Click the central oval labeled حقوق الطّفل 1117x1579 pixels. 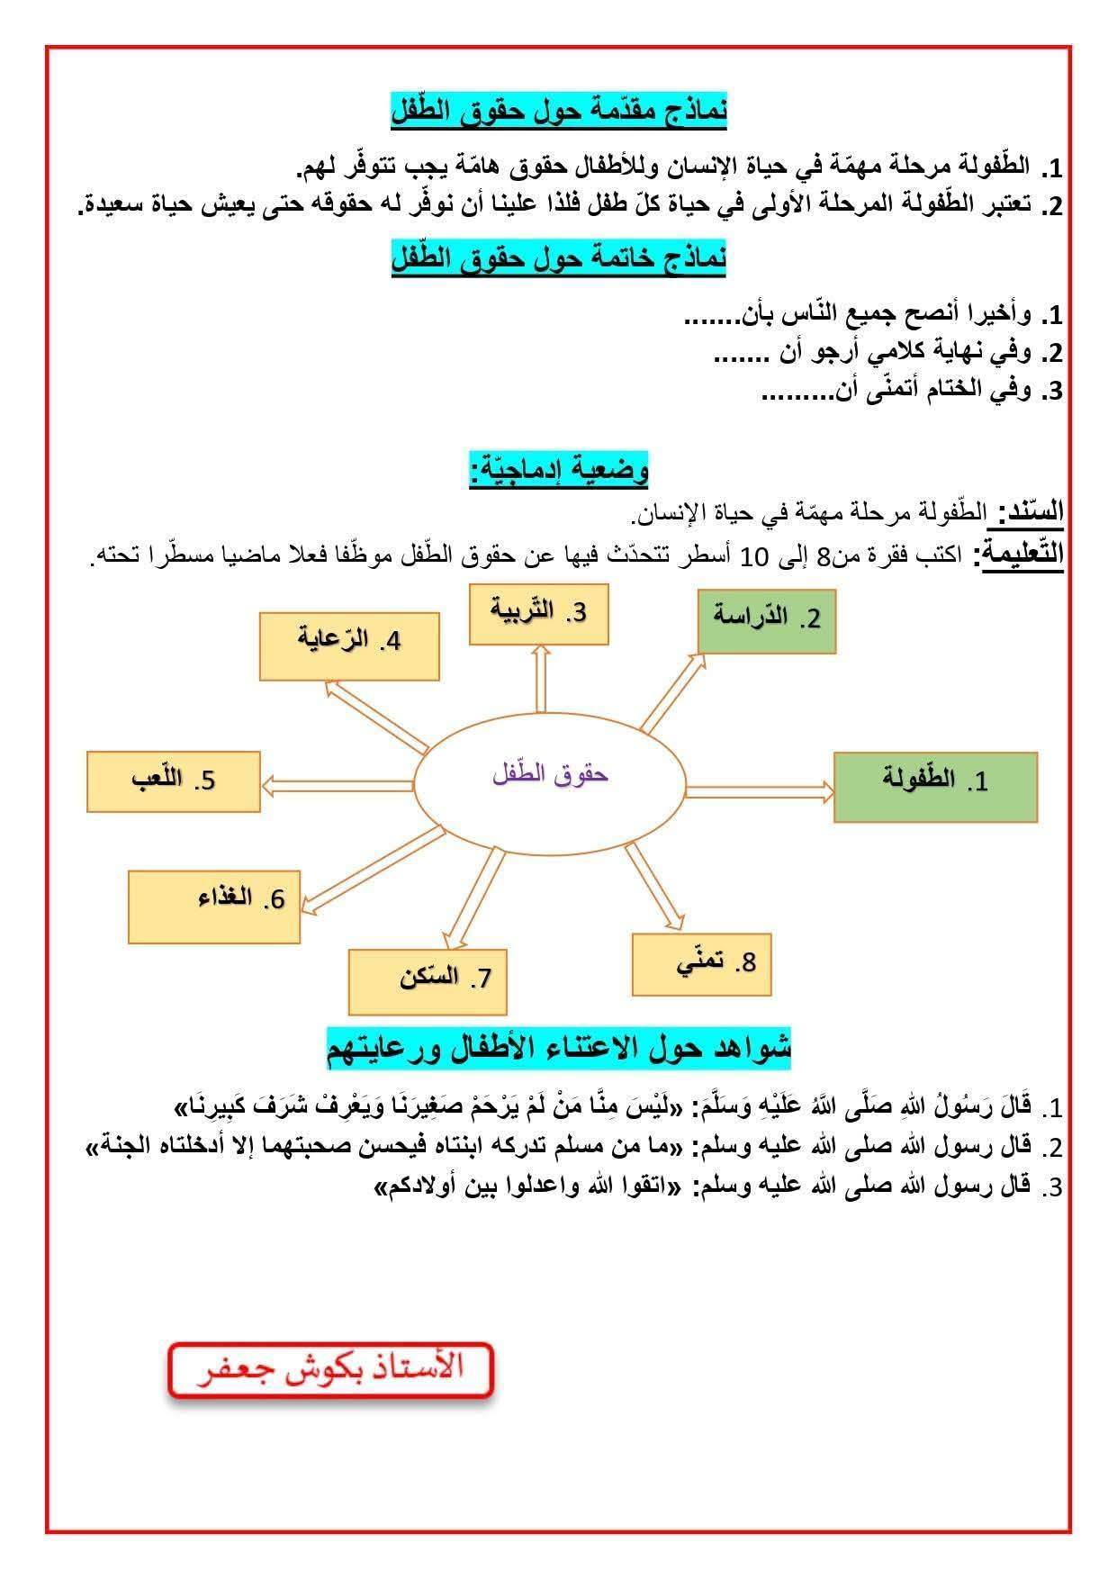(550, 774)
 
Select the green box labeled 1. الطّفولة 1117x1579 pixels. (935, 787)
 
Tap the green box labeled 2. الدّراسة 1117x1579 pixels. (767, 621)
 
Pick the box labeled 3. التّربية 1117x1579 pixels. (538, 613)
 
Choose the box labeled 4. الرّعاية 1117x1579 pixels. (349, 645)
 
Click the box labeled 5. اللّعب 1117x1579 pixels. (174, 781)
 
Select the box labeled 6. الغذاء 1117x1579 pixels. (213, 906)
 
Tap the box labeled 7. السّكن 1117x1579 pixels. (428, 980)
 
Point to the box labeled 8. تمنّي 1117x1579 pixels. (701, 964)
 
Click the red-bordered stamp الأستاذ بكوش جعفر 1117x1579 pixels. (330, 1370)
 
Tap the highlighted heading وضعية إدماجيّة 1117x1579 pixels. (558, 470)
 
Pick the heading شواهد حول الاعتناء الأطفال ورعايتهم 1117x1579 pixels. (558, 1047)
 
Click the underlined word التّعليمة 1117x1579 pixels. (1022, 553)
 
